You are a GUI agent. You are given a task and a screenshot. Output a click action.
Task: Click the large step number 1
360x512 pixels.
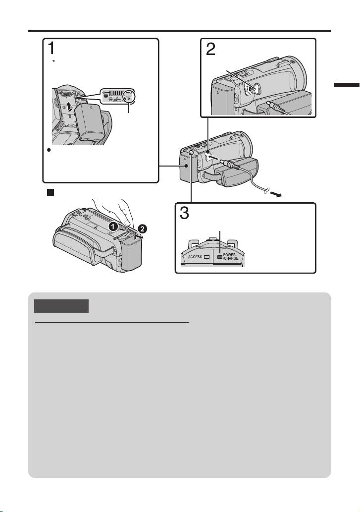pyautogui.click(x=51, y=49)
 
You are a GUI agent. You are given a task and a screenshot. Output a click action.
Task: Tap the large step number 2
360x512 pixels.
pyautogui.click(x=210, y=49)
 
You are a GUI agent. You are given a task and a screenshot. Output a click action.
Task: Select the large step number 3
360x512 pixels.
pyautogui.click(x=184, y=213)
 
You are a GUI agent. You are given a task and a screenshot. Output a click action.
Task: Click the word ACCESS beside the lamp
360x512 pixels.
pyautogui.click(x=195, y=257)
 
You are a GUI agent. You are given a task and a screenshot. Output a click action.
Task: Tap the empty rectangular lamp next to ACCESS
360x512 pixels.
pyautogui.click(x=206, y=257)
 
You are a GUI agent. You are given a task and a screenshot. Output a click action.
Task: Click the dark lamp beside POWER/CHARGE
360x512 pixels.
pyautogui.click(x=220, y=257)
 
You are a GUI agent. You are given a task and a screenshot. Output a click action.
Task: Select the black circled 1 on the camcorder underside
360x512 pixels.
pyautogui.click(x=113, y=226)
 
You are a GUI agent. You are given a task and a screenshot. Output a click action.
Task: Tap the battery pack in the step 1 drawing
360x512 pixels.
pyautogui.click(x=89, y=123)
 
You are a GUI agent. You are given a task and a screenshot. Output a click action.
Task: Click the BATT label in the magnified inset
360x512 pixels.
pyautogui.click(x=117, y=100)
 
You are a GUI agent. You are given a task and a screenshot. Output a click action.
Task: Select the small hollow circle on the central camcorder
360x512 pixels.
pyautogui.click(x=191, y=153)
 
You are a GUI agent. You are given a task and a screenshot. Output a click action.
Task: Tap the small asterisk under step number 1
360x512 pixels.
pyautogui.click(x=53, y=61)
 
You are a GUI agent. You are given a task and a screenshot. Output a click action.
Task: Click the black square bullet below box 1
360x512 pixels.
pyautogui.click(x=50, y=192)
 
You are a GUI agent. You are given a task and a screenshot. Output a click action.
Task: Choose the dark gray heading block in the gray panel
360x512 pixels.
pyautogui.click(x=61, y=306)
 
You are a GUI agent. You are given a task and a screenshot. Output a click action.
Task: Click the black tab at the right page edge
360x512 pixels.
pyautogui.click(x=347, y=85)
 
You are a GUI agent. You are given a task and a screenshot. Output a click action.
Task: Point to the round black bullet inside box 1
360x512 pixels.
pyautogui.click(x=49, y=150)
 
